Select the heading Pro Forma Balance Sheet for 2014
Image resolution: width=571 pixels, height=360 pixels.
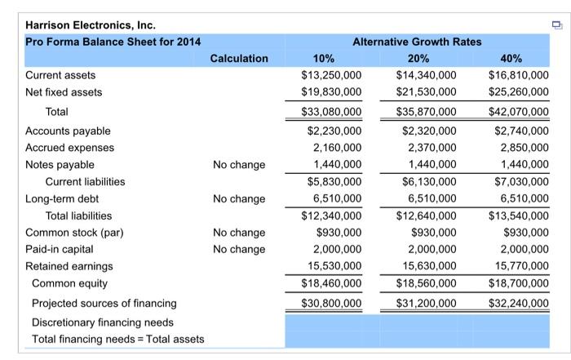113,42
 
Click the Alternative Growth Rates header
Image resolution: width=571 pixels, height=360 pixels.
417,42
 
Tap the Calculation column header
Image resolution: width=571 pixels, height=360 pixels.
238,59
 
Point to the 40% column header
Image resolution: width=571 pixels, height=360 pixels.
519,59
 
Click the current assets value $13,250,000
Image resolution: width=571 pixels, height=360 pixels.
325,75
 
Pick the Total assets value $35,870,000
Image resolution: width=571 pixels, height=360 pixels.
421,112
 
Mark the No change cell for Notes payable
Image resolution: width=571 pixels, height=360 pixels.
237,165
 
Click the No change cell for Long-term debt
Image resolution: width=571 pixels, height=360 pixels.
237,198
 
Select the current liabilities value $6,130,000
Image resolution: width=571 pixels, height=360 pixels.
425,182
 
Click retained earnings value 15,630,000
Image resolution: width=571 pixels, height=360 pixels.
425,266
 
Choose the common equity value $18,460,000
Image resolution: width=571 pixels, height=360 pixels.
325,283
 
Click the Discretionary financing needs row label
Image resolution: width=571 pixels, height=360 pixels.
103,322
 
